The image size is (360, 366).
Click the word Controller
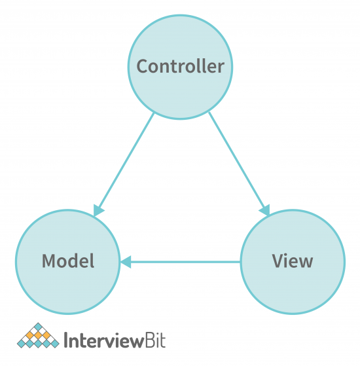pyautogui.click(x=180, y=66)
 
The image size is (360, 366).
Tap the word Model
pyautogui.click(x=68, y=261)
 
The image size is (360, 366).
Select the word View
pyautogui.click(x=293, y=261)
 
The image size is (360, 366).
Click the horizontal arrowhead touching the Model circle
pyautogui.click(x=125, y=262)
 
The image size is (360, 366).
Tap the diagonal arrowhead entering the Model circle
pyautogui.click(x=98, y=210)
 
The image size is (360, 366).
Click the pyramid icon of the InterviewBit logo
pyautogui.click(x=37, y=336)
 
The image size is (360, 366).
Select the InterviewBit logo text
pyautogui.click(x=115, y=341)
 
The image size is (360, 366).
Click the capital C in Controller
pyautogui.click(x=142, y=66)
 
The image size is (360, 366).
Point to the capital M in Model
pyautogui.click(x=48, y=261)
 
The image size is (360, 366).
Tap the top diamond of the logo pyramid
pyautogui.click(x=38, y=326)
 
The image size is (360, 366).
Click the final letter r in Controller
pyautogui.click(x=222, y=67)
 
